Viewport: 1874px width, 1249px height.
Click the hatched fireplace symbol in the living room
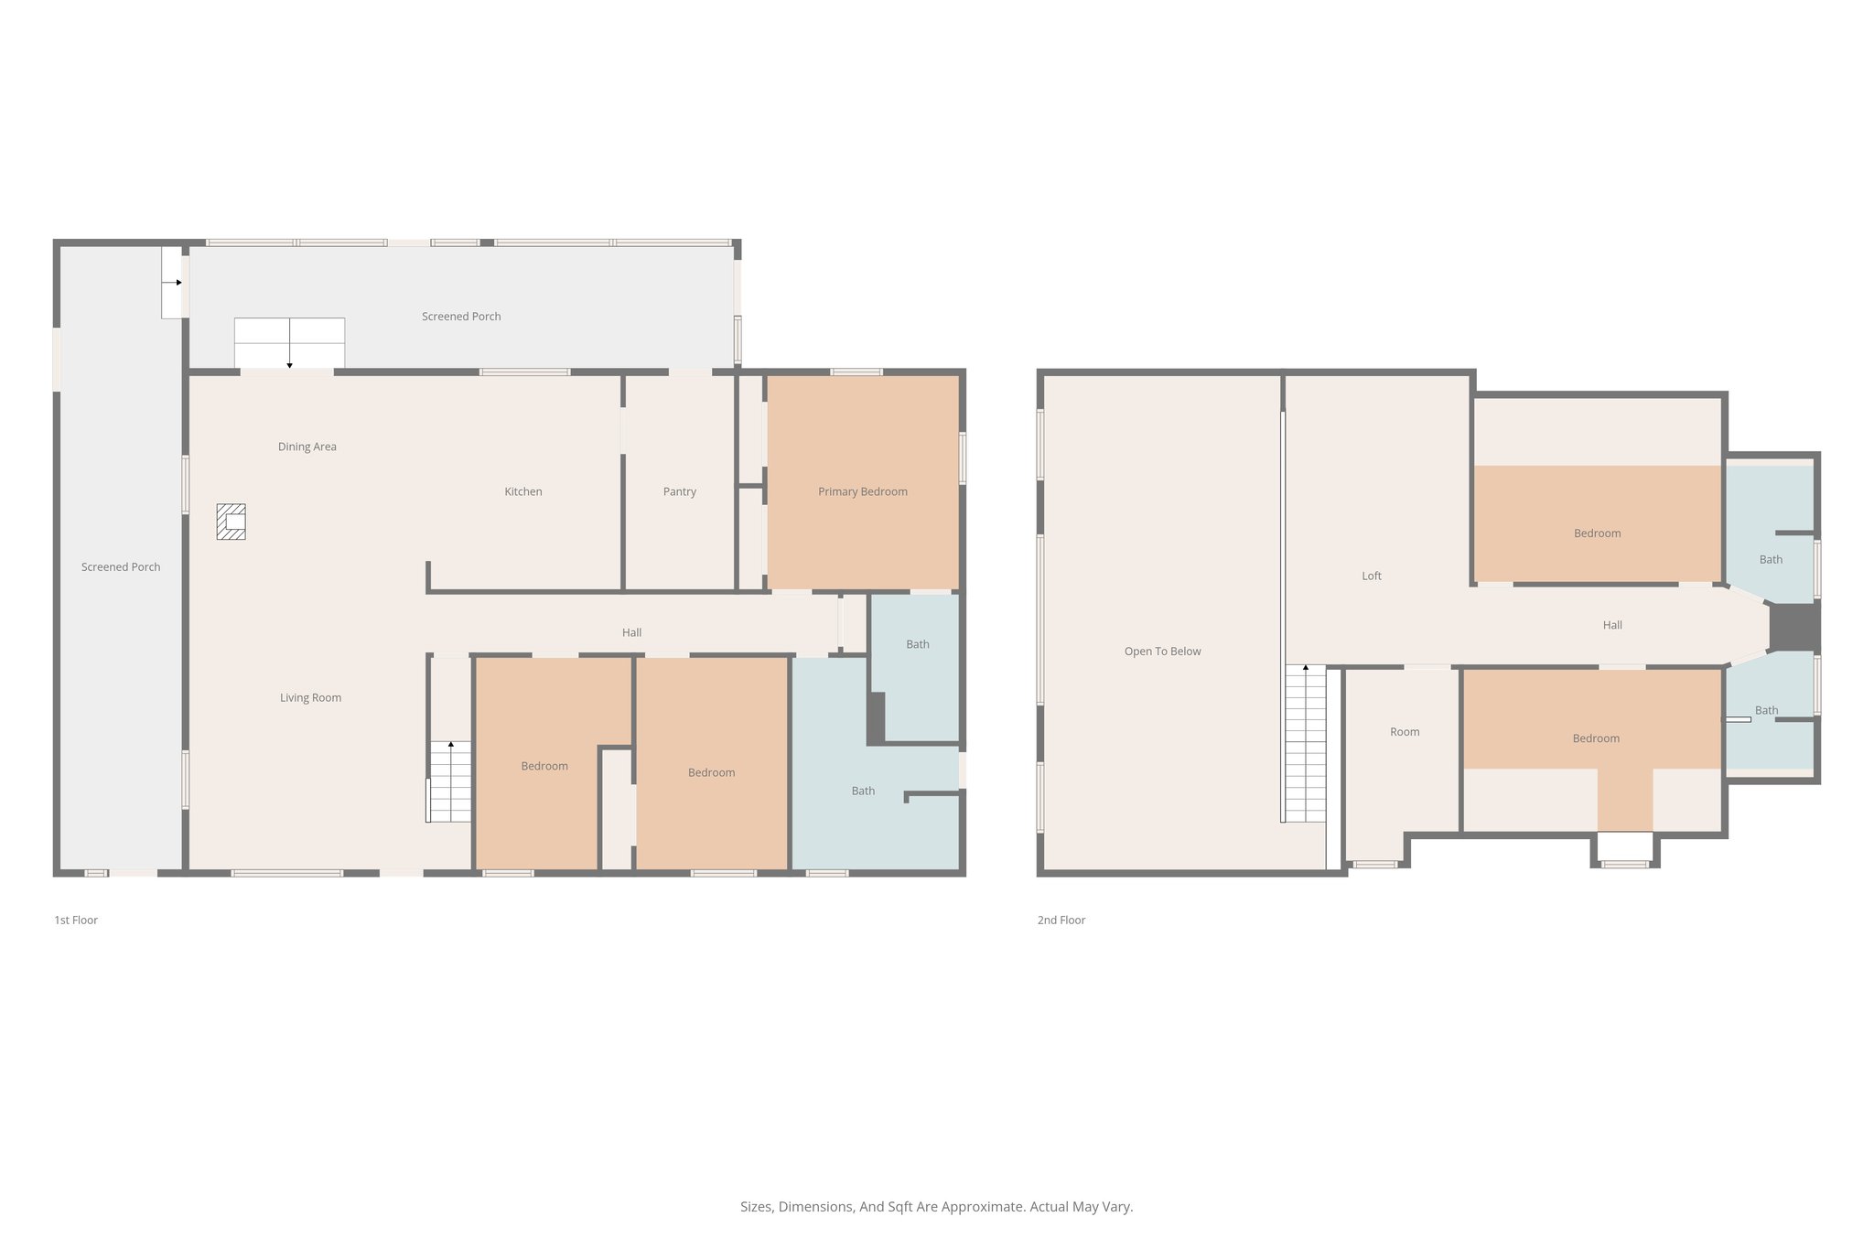(x=231, y=522)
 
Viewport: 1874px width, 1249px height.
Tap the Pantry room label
(x=679, y=491)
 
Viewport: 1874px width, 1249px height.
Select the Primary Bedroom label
(x=862, y=491)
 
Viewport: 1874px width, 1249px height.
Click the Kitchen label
(x=522, y=491)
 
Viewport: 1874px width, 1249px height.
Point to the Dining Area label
(x=307, y=447)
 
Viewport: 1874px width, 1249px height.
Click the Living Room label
(x=310, y=697)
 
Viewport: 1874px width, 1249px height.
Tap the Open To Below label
(x=1162, y=651)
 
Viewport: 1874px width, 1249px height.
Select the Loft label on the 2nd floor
(x=1371, y=576)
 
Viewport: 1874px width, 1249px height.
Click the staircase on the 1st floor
(x=450, y=782)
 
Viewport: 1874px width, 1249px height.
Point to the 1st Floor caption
(x=76, y=920)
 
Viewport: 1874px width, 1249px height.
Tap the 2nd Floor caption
(x=1061, y=920)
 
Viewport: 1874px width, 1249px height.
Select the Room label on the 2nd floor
(x=1404, y=732)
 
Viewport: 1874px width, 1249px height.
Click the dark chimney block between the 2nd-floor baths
(x=1793, y=628)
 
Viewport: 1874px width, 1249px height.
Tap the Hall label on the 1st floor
(x=631, y=632)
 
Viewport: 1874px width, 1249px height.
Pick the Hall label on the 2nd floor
(x=1611, y=625)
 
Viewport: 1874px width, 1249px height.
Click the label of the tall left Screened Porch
(x=120, y=567)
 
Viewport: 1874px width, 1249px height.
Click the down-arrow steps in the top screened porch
(x=289, y=342)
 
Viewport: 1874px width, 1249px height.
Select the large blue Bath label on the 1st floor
(x=862, y=791)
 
